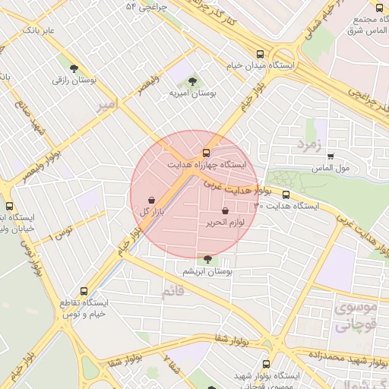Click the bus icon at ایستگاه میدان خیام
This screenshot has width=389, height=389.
pyautogui.click(x=261, y=54)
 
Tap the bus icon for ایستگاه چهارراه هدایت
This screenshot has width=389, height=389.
pyautogui.click(x=207, y=153)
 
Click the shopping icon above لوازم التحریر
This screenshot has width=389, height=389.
pyautogui.click(x=225, y=211)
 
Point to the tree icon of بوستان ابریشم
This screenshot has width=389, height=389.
pyautogui.click(x=208, y=259)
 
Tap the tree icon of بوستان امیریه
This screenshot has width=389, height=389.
pyautogui.click(x=191, y=80)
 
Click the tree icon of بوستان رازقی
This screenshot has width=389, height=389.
pyautogui.click(x=73, y=68)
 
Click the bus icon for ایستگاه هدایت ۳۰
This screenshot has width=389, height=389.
pyautogui.click(x=286, y=194)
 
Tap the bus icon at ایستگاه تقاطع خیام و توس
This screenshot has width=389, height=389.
pyautogui.click(x=84, y=291)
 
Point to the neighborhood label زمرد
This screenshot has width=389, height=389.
pyautogui.click(x=310, y=142)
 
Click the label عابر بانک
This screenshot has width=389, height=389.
pyautogui.click(x=40, y=30)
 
